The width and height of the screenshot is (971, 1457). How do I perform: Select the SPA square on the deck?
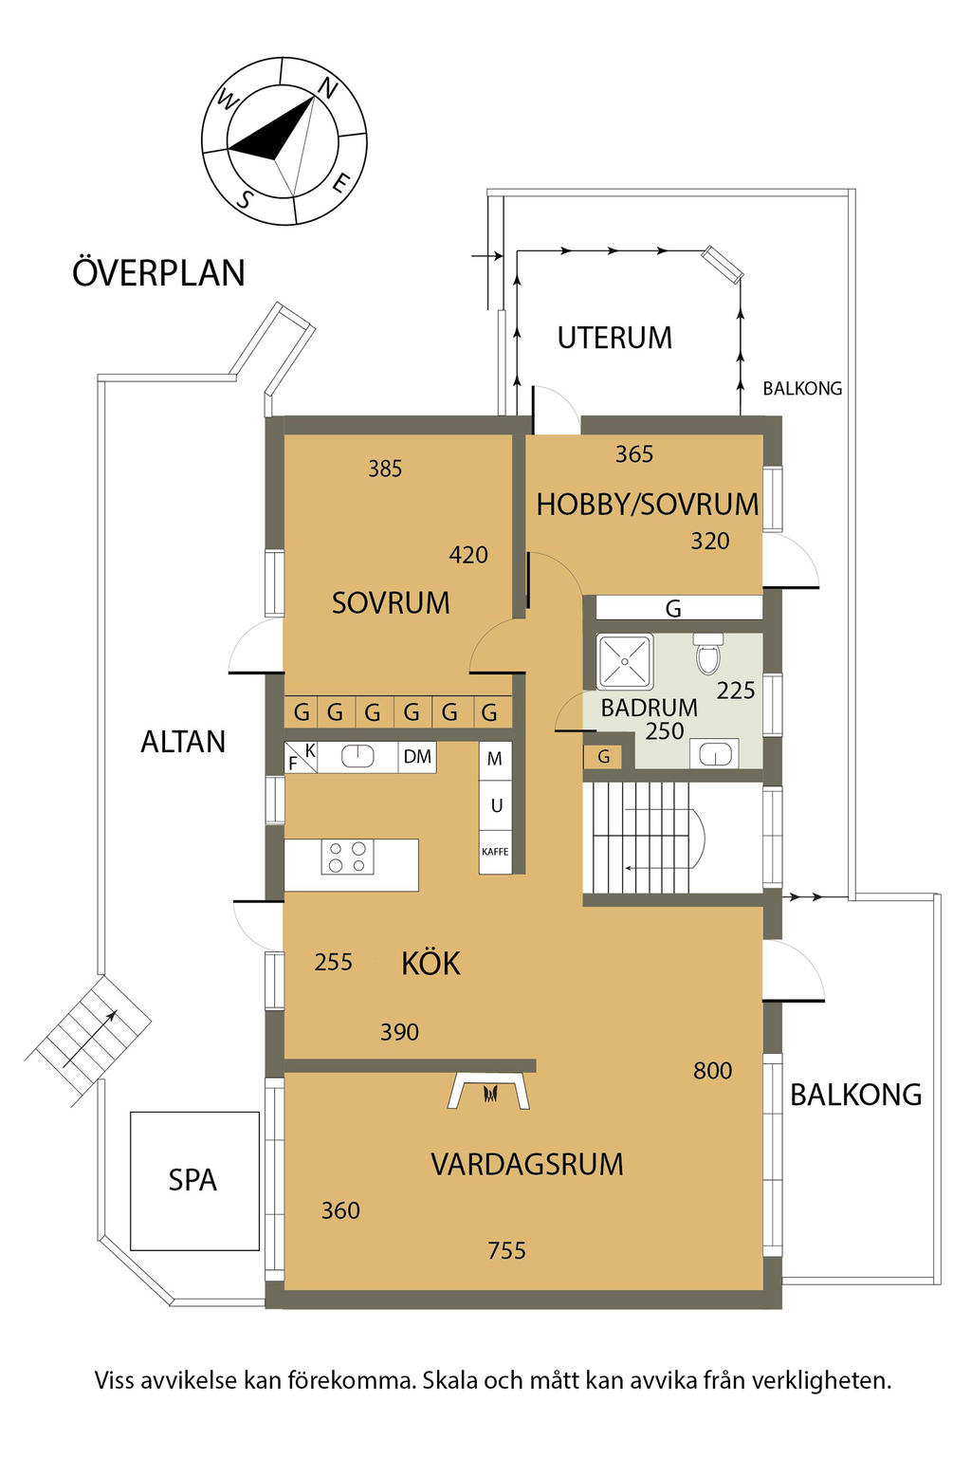[194, 1181]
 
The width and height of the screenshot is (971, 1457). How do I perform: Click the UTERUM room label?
[614, 338]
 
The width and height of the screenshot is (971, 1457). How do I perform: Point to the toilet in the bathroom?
[707, 654]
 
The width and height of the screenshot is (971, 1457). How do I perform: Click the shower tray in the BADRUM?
[625, 661]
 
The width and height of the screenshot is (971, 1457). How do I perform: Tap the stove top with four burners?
[347, 857]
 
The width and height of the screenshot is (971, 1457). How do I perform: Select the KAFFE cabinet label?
[495, 852]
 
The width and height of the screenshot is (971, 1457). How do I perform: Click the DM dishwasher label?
[417, 756]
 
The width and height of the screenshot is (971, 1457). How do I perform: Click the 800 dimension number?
[712, 1071]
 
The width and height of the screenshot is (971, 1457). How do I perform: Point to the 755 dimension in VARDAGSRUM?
[506, 1250]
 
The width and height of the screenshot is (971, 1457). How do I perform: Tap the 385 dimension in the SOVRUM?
[385, 469]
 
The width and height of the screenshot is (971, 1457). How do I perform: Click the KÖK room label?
[431, 963]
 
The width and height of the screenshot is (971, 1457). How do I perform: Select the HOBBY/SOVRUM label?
[647, 505]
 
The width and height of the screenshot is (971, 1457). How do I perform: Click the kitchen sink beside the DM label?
[357, 756]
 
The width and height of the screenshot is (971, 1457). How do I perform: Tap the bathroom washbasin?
[715, 755]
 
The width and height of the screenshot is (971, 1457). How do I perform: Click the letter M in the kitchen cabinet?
[494, 759]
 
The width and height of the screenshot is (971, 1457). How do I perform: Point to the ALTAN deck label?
[183, 742]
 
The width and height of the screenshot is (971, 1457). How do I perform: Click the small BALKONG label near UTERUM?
[802, 388]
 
